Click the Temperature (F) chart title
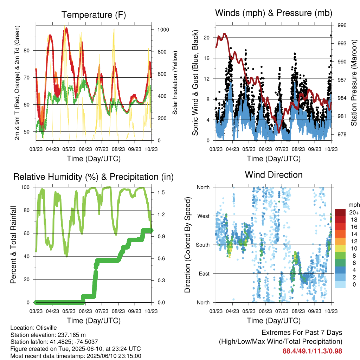click(x=94, y=15)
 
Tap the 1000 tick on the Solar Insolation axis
click(x=163, y=30)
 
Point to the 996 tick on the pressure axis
click(x=342, y=25)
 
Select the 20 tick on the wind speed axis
click(x=207, y=38)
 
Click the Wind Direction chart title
click(x=274, y=175)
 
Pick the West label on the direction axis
click(x=204, y=216)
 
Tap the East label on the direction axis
click(x=204, y=274)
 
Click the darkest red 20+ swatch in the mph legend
click(x=340, y=212)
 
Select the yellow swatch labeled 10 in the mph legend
click(x=340, y=249)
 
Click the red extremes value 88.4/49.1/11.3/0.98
click(x=312, y=351)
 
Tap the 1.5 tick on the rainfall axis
click(x=161, y=192)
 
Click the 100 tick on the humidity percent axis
click(x=25, y=187)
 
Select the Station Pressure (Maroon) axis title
click(x=354, y=83)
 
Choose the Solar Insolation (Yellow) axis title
click(x=175, y=83)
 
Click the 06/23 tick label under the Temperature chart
click(x=85, y=149)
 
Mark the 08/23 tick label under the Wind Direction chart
click(x=298, y=311)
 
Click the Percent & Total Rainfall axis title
click(x=13, y=245)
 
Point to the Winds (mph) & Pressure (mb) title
click(x=274, y=13)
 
